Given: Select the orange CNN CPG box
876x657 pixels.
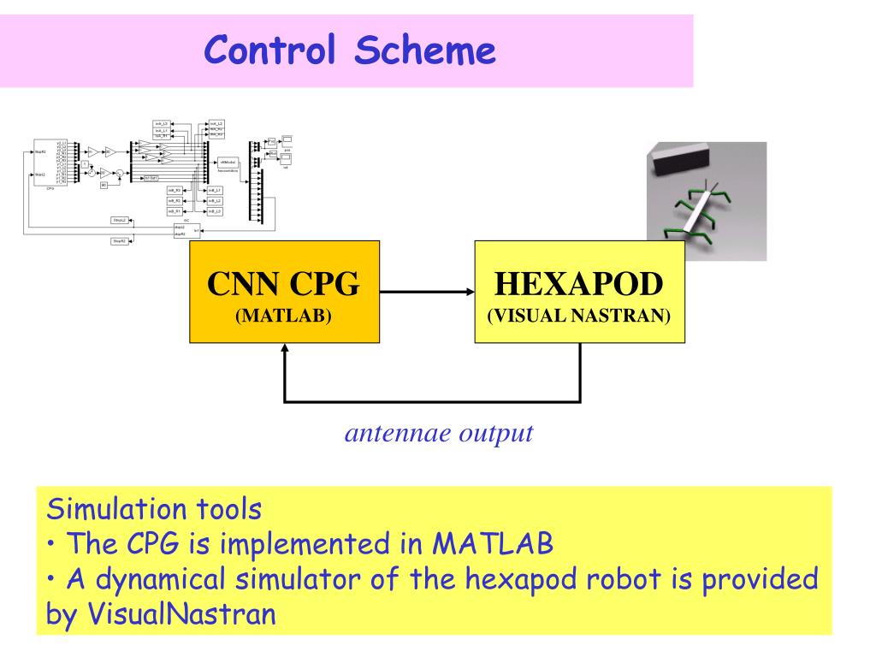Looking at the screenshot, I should point(283,292).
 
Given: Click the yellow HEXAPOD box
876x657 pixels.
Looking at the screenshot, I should point(579,292).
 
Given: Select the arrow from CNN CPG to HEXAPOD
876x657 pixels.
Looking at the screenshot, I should point(426,292).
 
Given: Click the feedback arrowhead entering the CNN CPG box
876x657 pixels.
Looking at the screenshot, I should point(285,350).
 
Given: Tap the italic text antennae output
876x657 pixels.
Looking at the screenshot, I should point(439,433).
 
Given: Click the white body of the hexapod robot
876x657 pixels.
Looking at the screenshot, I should point(697,210).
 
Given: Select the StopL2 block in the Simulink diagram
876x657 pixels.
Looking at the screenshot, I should point(120,221).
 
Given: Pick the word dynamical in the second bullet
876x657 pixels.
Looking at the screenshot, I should point(149,578).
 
